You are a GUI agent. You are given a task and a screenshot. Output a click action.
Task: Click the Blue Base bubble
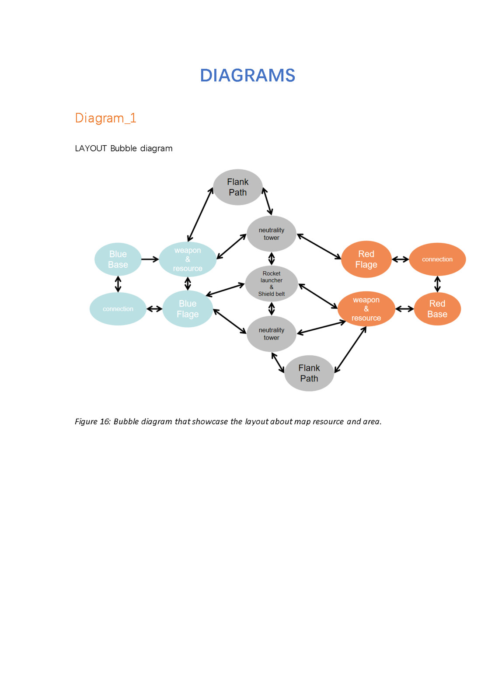(x=118, y=259)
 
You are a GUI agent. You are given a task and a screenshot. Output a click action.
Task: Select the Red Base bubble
(x=437, y=309)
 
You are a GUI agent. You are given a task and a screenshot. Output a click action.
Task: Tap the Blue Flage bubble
(x=188, y=309)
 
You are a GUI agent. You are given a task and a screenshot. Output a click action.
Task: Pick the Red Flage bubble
(x=366, y=259)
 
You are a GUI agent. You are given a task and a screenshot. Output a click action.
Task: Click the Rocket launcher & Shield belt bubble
(x=272, y=283)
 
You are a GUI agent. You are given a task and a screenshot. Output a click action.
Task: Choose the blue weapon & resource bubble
(x=188, y=259)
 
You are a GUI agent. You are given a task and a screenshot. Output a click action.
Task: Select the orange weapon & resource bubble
(x=366, y=309)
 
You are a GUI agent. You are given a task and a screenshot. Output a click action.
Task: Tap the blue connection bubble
(x=118, y=309)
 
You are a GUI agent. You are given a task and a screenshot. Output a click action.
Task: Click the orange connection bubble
(x=437, y=259)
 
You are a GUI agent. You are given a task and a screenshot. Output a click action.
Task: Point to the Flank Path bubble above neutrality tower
(x=238, y=187)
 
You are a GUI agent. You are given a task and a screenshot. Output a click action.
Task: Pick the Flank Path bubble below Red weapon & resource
(x=309, y=373)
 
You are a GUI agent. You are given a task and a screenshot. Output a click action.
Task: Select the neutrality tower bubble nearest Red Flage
(x=272, y=234)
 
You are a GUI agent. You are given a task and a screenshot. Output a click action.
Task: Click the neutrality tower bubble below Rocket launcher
(x=272, y=334)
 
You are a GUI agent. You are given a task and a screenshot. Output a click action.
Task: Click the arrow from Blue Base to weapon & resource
(x=150, y=259)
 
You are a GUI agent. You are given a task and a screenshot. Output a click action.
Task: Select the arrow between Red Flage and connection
(x=400, y=259)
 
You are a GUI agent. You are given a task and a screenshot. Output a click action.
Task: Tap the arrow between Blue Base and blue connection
(x=118, y=284)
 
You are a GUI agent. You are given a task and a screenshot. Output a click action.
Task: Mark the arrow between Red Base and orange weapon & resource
(x=404, y=309)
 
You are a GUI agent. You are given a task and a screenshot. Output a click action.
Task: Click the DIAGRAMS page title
(x=247, y=75)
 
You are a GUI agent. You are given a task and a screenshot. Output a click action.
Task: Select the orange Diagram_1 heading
(x=105, y=118)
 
